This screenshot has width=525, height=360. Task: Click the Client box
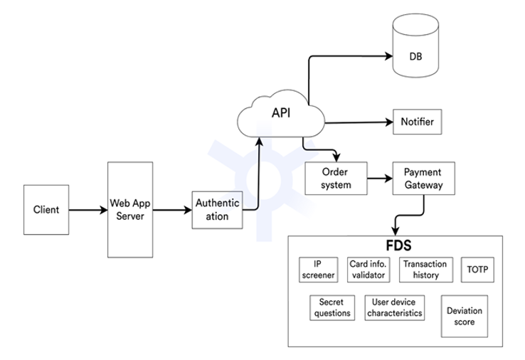[46, 210]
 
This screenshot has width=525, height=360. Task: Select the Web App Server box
[130, 209]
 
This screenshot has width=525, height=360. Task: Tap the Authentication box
[217, 210]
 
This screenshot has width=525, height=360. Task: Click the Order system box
[336, 179]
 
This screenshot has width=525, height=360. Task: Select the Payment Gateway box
[423, 179]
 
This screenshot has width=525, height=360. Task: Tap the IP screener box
[317, 270]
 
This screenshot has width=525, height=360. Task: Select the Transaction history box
[425, 270]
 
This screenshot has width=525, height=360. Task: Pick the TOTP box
[477, 270]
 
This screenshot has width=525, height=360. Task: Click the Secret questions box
[332, 307]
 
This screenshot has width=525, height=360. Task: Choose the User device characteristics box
[395, 307]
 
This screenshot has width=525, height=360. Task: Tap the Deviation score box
[465, 316]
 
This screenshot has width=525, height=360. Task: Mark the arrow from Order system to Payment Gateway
[381, 179]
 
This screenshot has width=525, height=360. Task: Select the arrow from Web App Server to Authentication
[173, 210]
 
